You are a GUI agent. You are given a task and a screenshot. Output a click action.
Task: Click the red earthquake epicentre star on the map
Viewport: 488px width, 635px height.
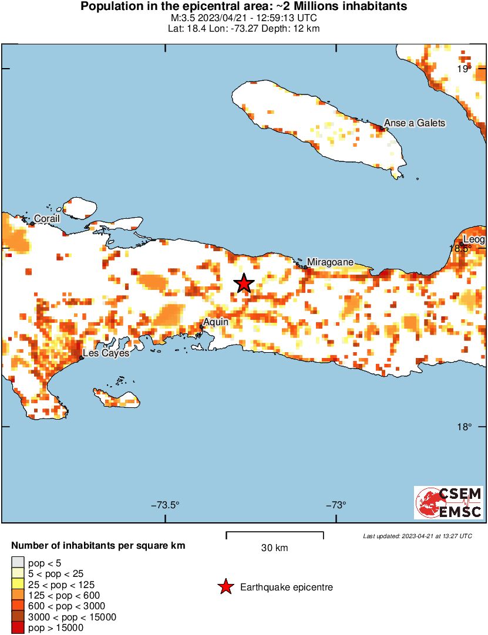[244, 283]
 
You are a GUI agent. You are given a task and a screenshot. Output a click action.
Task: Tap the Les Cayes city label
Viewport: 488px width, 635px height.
[105, 353]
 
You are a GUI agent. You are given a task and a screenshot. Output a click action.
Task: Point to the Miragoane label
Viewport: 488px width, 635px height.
[331, 262]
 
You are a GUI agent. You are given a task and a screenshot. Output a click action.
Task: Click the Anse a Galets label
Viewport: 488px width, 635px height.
[414, 123]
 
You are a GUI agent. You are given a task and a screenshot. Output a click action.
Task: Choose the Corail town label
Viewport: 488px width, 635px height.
[46, 218]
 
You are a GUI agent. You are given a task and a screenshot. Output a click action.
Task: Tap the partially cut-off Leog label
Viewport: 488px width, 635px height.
[474, 239]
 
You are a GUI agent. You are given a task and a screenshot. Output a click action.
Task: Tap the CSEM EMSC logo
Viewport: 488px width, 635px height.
[449, 502]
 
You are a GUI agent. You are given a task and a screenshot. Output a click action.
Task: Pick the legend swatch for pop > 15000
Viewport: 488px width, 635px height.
[18, 628]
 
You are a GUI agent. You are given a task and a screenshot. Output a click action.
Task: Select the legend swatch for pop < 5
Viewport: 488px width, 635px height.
[18, 563]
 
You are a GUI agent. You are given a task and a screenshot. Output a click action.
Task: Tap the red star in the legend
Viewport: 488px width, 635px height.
[225, 587]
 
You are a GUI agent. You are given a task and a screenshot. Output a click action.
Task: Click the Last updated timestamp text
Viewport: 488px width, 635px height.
[417, 536]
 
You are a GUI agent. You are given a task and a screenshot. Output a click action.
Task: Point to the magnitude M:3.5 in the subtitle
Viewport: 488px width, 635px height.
[181, 18]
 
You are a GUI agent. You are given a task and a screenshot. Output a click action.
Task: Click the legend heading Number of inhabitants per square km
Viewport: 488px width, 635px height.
[99, 546]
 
